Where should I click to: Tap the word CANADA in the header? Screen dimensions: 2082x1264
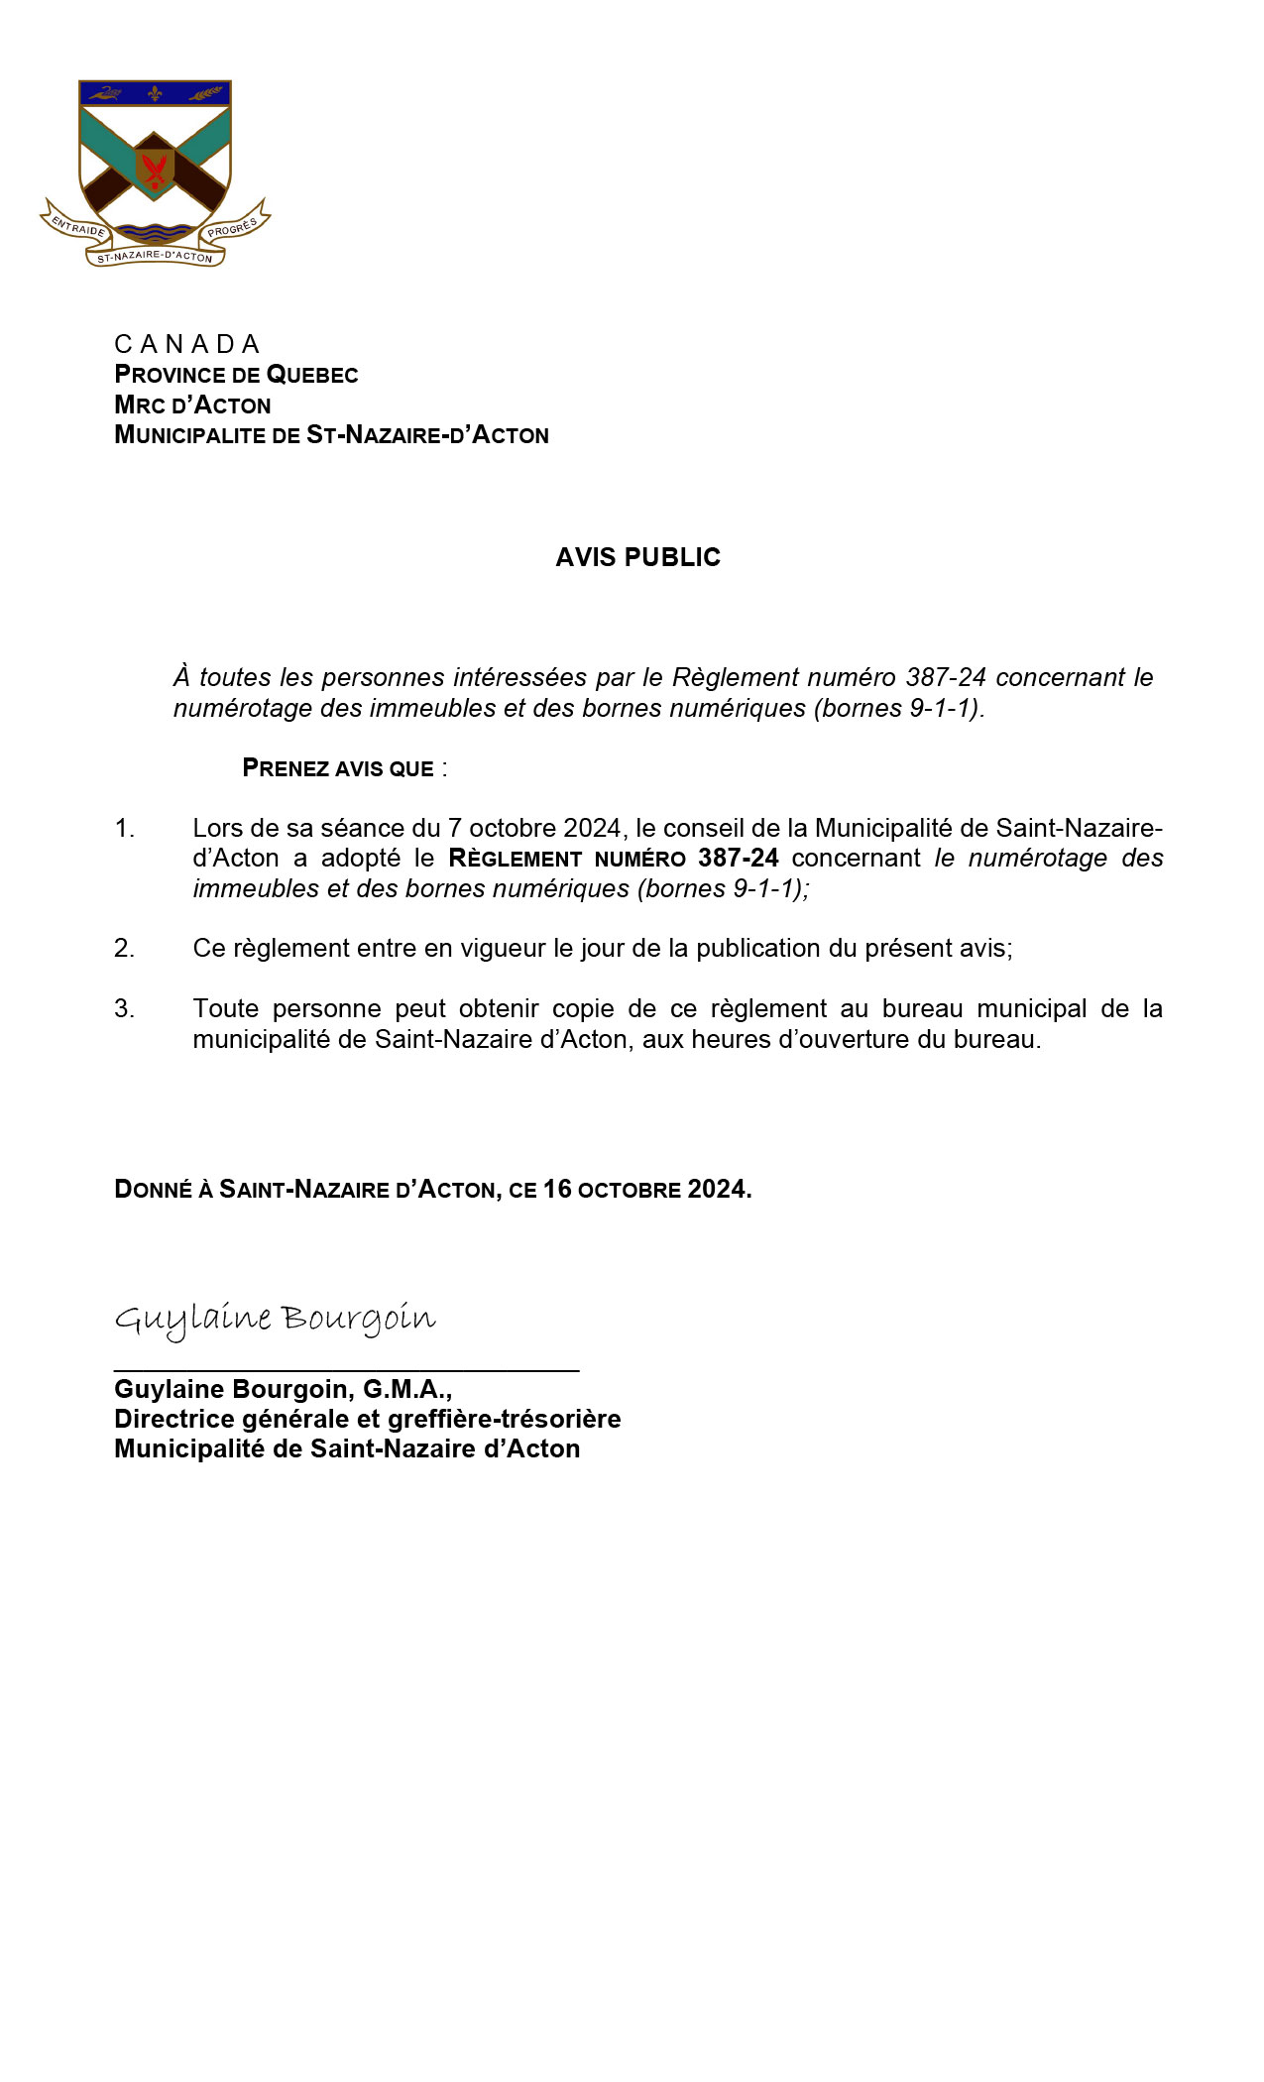coord(186,344)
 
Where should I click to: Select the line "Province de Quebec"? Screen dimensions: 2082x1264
coord(236,375)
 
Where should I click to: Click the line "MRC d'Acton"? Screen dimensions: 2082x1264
coord(192,405)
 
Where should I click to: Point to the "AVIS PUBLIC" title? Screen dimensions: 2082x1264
coord(637,557)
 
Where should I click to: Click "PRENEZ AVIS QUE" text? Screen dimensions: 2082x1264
coord(338,768)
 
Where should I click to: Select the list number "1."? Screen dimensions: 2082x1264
coord(124,828)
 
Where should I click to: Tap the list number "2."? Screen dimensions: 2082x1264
coord(124,948)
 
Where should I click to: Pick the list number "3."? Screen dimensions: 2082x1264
coord(124,1008)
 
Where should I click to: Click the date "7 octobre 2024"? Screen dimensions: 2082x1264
coord(534,828)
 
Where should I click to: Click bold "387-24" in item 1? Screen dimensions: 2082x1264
coord(738,858)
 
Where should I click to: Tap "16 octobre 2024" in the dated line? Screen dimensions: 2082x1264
coord(644,1189)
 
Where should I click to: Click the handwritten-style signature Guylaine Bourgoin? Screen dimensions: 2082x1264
coord(275,1320)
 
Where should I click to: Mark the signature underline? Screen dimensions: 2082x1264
coord(346,1370)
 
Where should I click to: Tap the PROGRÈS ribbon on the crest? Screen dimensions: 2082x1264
coord(233,226)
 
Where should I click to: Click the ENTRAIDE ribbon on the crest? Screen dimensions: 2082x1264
coord(78,225)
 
